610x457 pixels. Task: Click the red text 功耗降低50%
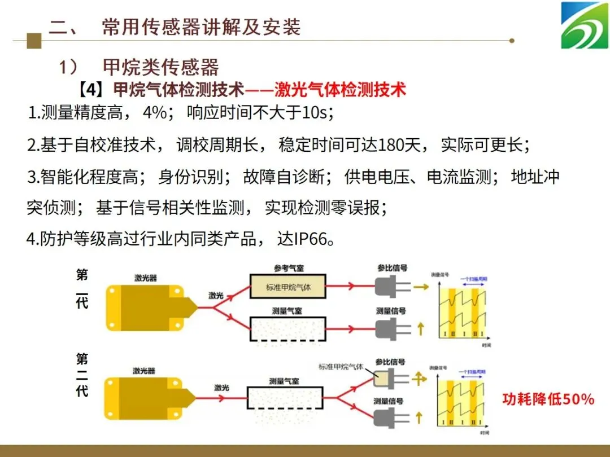point(548,399)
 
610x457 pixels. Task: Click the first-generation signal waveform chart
point(461,308)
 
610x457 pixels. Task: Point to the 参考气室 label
point(288,268)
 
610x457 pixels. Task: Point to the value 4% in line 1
point(155,112)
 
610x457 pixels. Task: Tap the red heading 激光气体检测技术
point(340,89)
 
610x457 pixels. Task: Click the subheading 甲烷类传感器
point(161,67)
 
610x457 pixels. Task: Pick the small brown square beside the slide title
point(34,40)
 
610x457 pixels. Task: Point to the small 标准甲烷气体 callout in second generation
point(342,366)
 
